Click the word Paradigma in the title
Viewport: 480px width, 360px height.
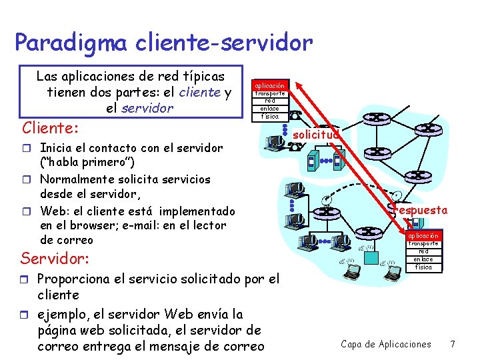[x=71, y=43]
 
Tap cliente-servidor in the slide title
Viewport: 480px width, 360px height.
[x=223, y=43]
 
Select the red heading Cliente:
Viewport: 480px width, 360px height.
[x=51, y=127]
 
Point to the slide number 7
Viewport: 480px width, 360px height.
[x=453, y=344]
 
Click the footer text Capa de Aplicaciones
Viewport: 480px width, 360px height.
[x=385, y=344]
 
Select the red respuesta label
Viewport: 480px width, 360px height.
[x=421, y=210]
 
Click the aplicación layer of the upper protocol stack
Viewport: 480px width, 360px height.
[x=270, y=85]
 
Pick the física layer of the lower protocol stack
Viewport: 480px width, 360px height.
[x=423, y=267]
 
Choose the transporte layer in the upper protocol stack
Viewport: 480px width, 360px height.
[x=270, y=93]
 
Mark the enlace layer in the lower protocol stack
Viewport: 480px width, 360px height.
[x=423, y=259]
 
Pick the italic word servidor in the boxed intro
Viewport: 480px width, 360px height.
[x=147, y=108]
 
